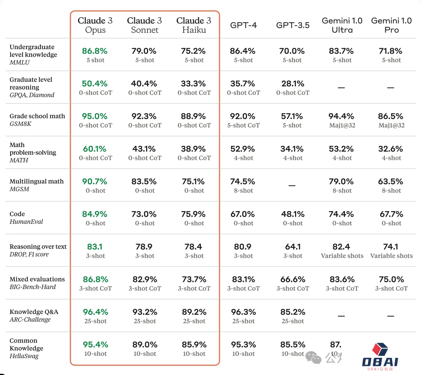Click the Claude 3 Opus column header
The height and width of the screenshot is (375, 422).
[x=95, y=25]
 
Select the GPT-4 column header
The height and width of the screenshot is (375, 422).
[x=243, y=25]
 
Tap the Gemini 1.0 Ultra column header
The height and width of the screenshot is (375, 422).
[x=342, y=25]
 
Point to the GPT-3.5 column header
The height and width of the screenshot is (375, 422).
[x=293, y=25]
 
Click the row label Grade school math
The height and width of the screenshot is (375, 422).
[x=37, y=116]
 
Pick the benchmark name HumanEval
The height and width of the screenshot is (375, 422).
[x=26, y=222]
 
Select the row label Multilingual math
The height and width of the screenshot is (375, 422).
[x=36, y=181]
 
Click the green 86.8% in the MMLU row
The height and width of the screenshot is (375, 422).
[x=95, y=51]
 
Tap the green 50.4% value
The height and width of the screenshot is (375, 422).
[x=95, y=84]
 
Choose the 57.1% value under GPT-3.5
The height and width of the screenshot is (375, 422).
[x=293, y=116]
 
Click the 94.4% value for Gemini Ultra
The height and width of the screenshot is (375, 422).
[x=342, y=116]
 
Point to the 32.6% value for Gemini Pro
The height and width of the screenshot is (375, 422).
[x=391, y=149]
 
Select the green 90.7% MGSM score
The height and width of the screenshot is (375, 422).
[x=95, y=181]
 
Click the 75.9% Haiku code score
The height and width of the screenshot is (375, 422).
[x=194, y=214]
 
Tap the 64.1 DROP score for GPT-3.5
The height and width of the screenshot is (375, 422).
[x=293, y=247]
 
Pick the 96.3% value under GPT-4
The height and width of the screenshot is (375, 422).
[x=243, y=312]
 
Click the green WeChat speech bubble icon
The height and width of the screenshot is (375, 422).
[x=314, y=357]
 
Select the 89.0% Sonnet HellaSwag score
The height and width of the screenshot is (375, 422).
[x=145, y=345]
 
